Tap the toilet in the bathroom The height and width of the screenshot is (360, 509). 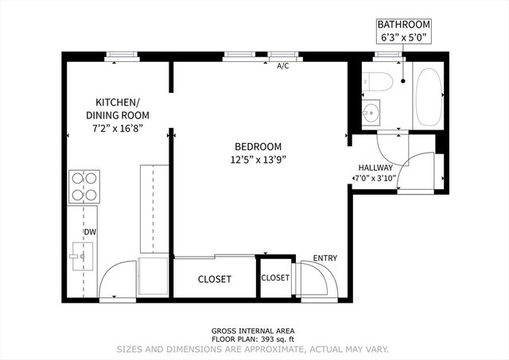tap(376, 82)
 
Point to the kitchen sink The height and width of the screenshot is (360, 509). tap(80, 256)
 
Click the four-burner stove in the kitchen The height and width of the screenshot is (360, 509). tap(84, 185)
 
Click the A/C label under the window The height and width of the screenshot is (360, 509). tap(282, 67)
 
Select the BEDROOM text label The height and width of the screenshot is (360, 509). tap(258, 146)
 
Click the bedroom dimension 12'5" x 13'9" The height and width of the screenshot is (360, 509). tap(258, 159)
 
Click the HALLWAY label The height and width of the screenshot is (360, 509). tap(375, 168)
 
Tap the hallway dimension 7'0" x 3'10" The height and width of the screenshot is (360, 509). tap(375, 178)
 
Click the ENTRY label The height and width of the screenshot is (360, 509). tap(324, 258)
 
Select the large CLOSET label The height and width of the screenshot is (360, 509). tap(214, 279)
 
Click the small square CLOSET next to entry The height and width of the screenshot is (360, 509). tap(275, 278)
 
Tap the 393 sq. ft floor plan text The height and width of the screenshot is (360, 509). tap(254, 339)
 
